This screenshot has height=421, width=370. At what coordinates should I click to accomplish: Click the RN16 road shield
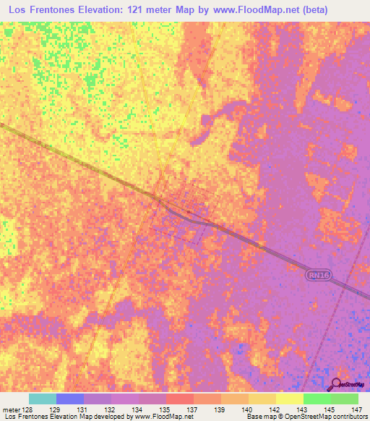(x=316, y=275)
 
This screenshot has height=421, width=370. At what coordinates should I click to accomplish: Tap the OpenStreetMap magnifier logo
(x=337, y=383)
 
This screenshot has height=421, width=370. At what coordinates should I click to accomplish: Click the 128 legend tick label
(x=29, y=409)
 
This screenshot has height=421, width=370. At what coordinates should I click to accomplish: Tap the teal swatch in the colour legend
(x=43, y=399)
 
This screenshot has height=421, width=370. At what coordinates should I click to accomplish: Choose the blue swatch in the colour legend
(x=70, y=399)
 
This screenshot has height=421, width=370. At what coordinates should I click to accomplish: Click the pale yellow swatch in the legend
(x=290, y=399)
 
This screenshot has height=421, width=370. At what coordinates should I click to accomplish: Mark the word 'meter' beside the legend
(x=11, y=409)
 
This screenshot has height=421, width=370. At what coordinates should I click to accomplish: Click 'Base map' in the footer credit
(x=259, y=417)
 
